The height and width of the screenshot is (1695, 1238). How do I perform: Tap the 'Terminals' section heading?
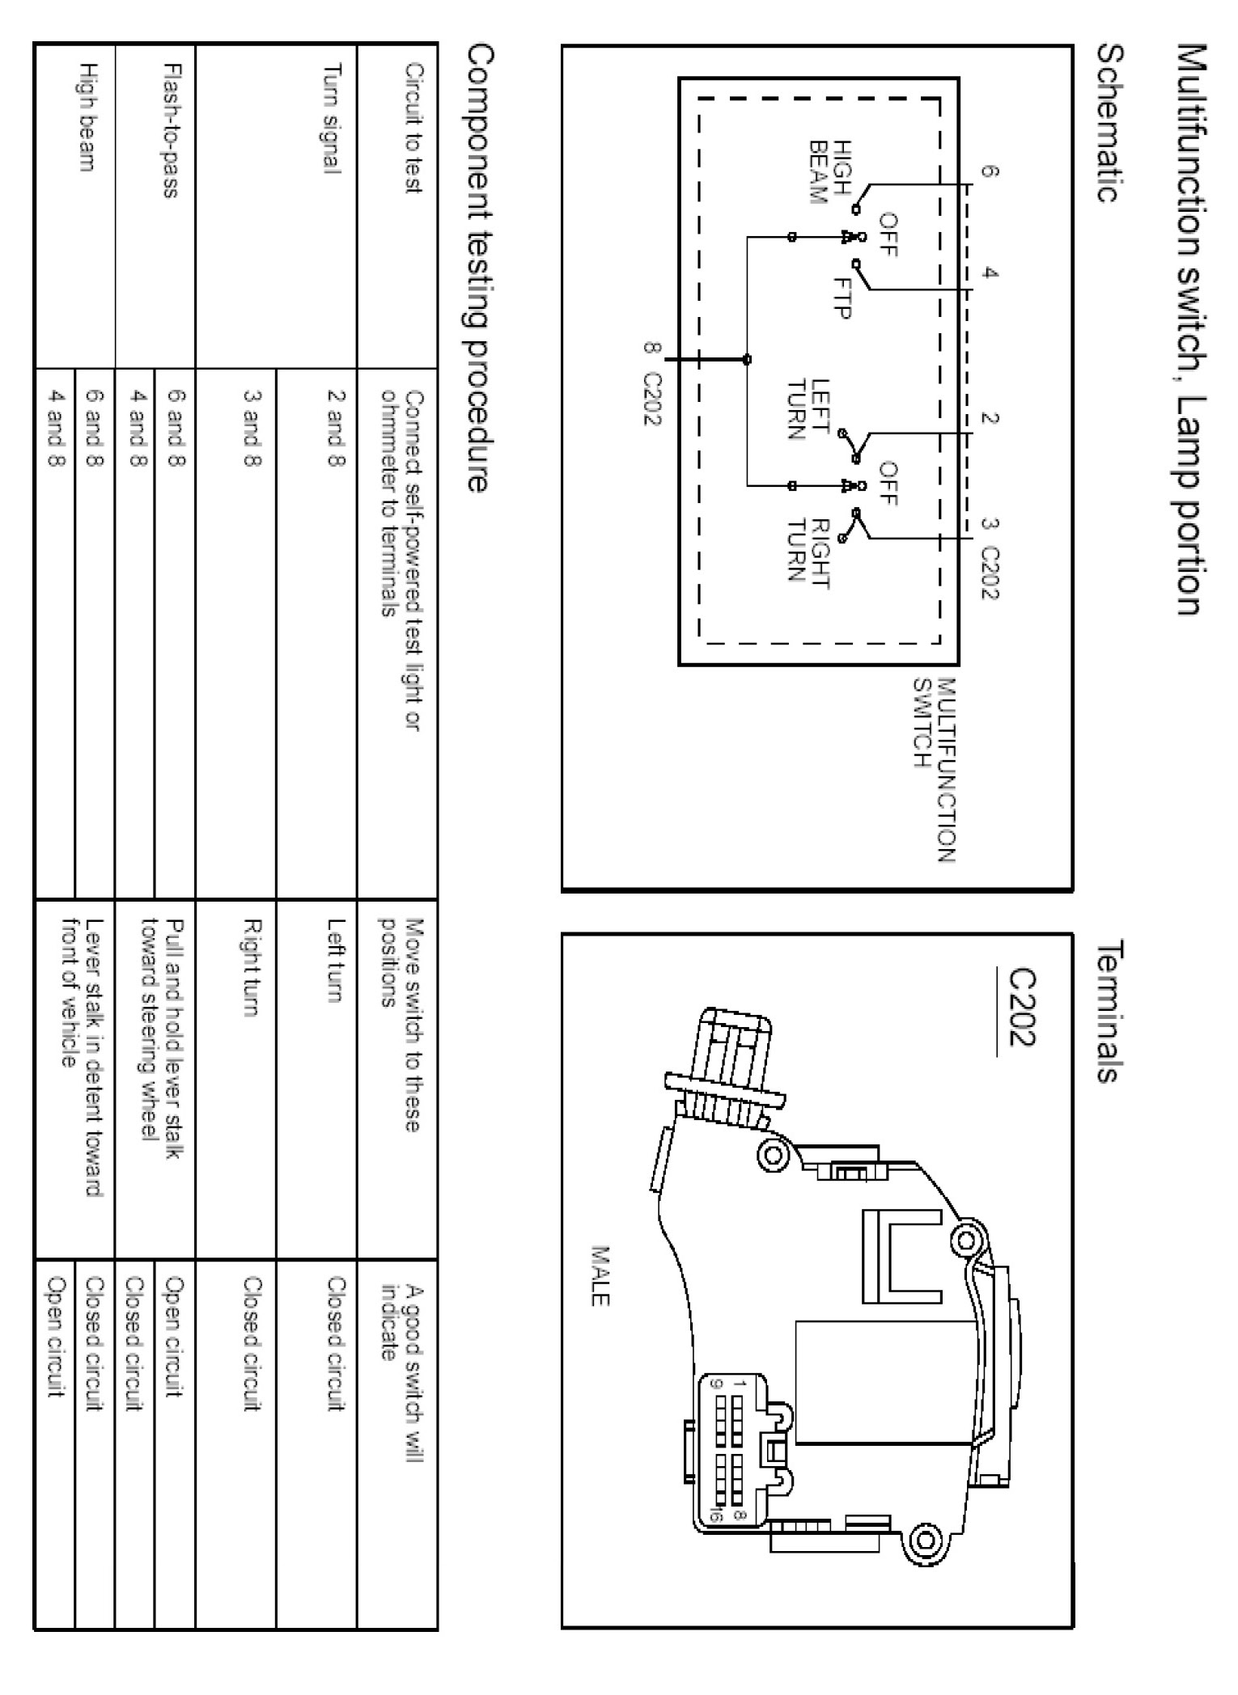1110,1009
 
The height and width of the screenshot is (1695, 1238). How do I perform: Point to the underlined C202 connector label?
1020,1007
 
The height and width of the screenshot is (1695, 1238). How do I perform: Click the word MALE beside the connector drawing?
600,1275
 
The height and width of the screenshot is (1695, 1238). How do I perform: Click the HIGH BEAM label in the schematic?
830,171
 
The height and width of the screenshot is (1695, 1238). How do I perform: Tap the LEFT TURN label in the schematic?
809,409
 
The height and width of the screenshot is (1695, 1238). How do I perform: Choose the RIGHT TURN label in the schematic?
809,550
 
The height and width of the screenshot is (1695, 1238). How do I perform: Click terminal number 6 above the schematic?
989,171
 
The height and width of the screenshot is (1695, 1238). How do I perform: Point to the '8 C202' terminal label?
652,385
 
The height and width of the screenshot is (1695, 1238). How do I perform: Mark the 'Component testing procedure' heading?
477,268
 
